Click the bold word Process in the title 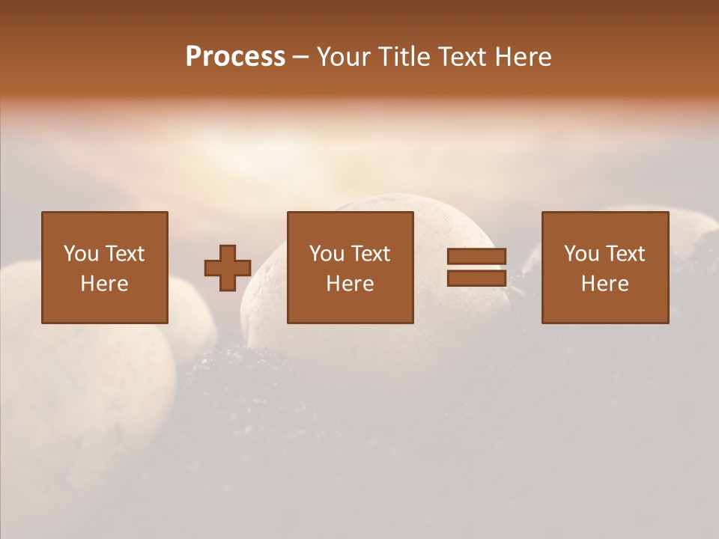pyautogui.click(x=235, y=57)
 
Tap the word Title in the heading pyautogui.click(x=403, y=57)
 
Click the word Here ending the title pyautogui.click(x=523, y=57)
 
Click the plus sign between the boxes pyautogui.click(x=228, y=268)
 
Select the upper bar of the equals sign pyautogui.click(x=476, y=256)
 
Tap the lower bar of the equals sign pyautogui.click(x=476, y=278)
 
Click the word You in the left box pyautogui.click(x=81, y=254)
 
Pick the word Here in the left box pyautogui.click(x=105, y=284)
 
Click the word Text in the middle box pyautogui.click(x=370, y=254)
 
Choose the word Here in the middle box pyautogui.click(x=351, y=284)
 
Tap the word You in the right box pyautogui.click(x=581, y=254)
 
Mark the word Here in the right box pyautogui.click(x=605, y=284)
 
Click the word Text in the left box pyautogui.click(x=124, y=254)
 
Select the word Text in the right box pyautogui.click(x=625, y=254)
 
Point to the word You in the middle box pyautogui.click(x=327, y=254)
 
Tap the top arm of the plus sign pyautogui.click(x=228, y=252)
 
